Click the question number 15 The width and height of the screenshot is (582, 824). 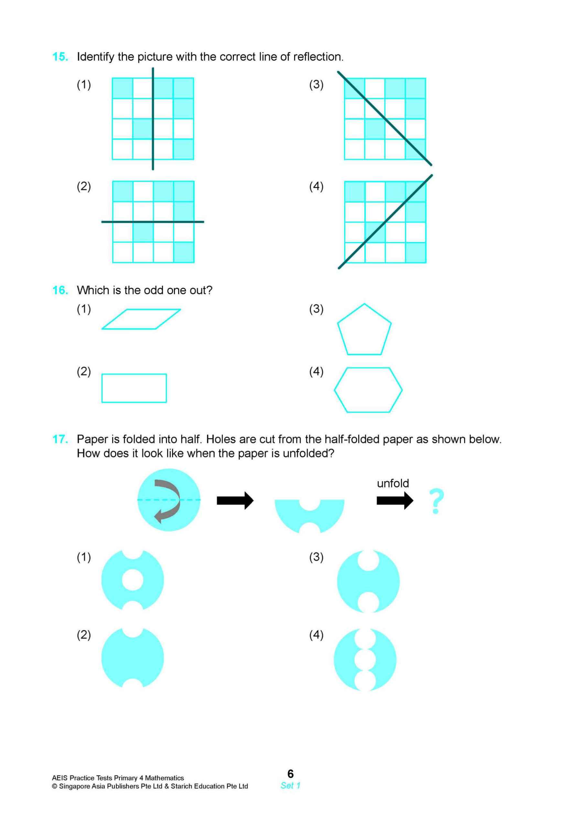tap(60, 57)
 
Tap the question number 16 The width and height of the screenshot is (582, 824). tap(60, 290)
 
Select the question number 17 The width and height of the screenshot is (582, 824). tap(60, 439)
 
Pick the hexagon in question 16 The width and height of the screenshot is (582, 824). tap(368, 390)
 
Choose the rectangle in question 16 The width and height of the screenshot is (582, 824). tap(134, 388)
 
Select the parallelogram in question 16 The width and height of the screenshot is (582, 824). tap(141, 319)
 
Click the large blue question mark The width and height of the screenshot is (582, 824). tap(436, 501)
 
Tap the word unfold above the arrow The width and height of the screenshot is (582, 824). tap(393, 483)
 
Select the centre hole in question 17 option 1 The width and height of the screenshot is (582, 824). tap(133, 580)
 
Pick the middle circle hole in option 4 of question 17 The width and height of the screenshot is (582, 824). tap(365, 659)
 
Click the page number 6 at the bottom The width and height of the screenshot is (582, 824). tap(290, 773)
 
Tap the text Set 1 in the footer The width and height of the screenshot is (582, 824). tap(290, 785)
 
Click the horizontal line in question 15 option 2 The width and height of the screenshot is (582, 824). tap(153, 222)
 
